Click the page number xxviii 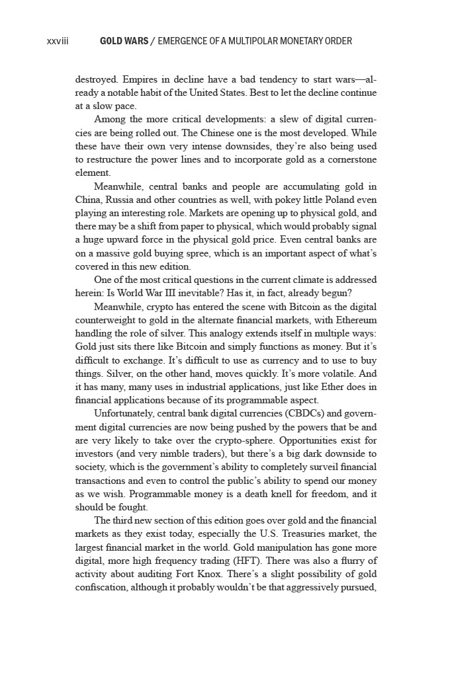[58, 41]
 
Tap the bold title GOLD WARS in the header [124, 41]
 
